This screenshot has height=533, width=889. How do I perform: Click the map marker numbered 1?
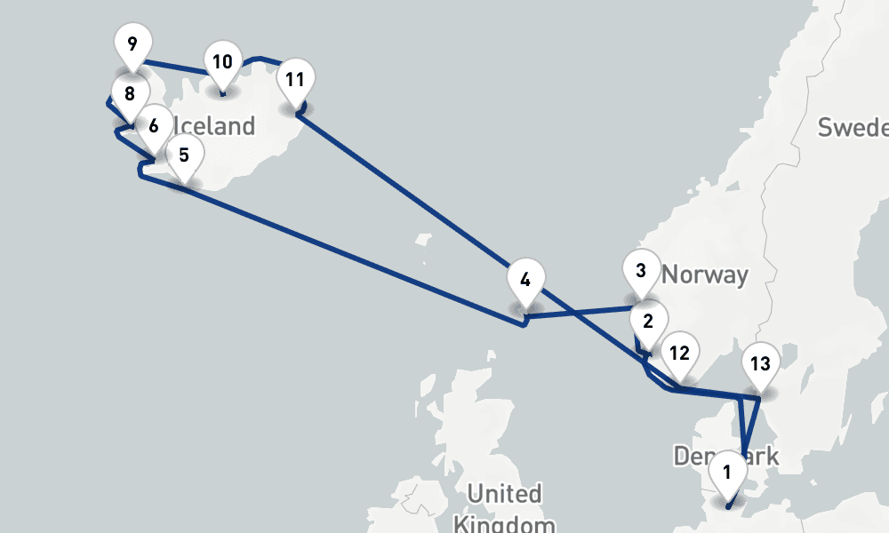pyautogui.click(x=727, y=472)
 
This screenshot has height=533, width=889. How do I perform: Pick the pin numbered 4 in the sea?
pyautogui.click(x=525, y=280)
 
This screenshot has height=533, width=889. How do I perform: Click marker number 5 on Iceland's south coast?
pyautogui.click(x=183, y=155)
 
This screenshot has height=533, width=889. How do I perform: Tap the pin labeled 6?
pyautogui.click(x=154, y=125)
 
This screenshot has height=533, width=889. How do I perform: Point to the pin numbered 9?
pyautogui.click(x=132, y=43)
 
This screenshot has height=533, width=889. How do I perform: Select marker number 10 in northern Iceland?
pyautogui.click(x=222, y=61)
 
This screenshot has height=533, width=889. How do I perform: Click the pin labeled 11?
pyautogui.click(x=295, y=79)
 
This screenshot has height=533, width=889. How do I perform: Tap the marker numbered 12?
pyautogui.click(x=679, y=353)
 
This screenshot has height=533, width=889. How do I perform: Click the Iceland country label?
pyautogui.click(x=213, y=126)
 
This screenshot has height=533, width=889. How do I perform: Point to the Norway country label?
pyautogui.click(x=705, y=274)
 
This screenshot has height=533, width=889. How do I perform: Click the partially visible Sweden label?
pyautogui.click(x=853, y=127)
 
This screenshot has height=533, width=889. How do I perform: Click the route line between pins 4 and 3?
pyautogui.click(x=578, y=314)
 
